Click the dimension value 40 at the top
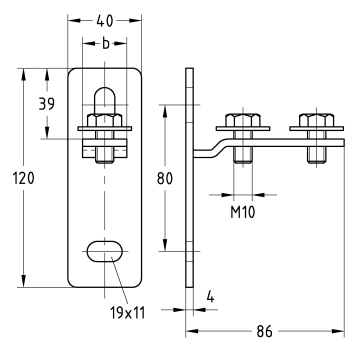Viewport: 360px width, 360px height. tap(105, 21)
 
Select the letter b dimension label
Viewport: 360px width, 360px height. tap(105, 43)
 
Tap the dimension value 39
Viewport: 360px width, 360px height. tap(47, 104)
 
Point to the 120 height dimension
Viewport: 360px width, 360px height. tap(24, 178)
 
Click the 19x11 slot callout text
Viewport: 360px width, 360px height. tap(128, 313)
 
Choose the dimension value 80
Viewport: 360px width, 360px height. tap(165, 179)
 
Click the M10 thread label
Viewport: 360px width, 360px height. tap(243, 212)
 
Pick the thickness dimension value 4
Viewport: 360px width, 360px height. tap(210, 296)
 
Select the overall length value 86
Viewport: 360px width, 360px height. tap(265, 331)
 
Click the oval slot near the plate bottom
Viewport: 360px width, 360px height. tap(105, 251)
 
